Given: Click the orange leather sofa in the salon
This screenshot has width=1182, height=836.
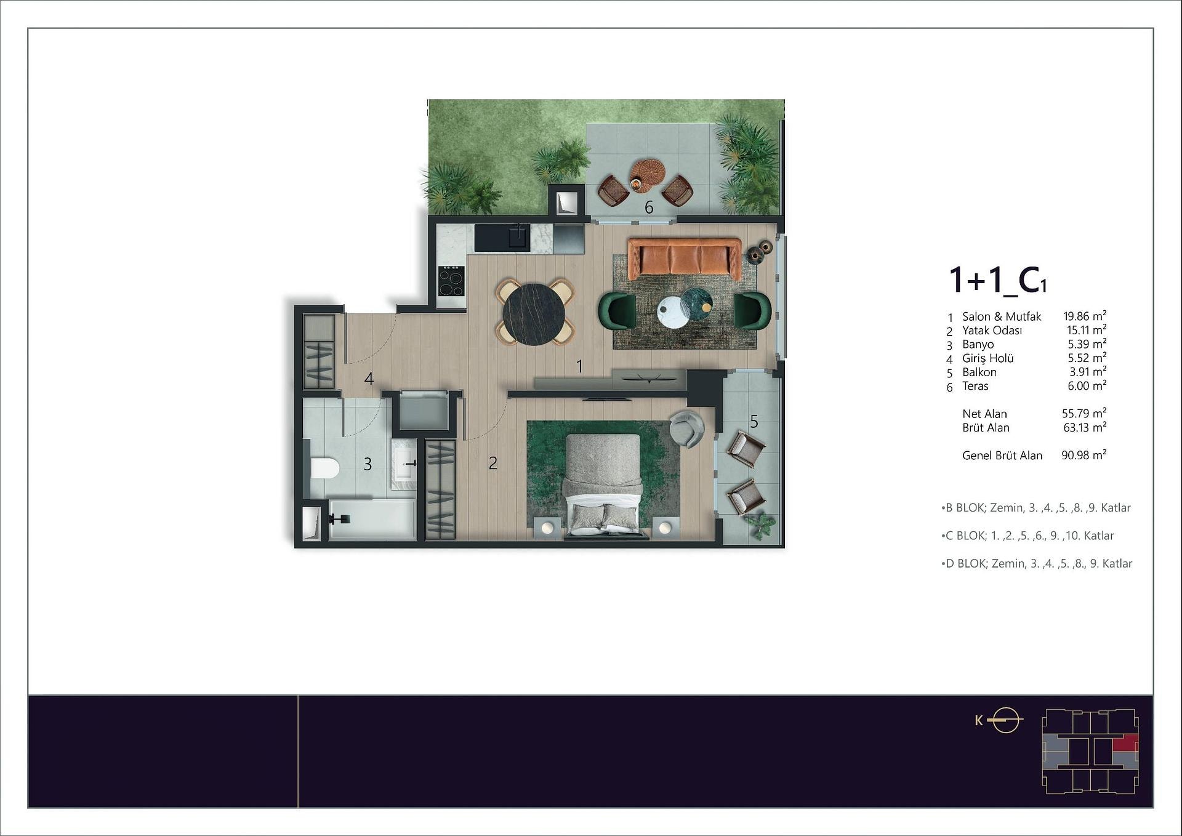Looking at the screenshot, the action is pos(685,259).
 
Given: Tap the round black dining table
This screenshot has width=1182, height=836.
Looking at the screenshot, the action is pos(534,314).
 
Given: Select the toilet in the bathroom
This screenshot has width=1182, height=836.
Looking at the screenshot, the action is pos(324,468).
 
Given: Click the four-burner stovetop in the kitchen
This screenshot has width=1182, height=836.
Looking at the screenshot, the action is pos(451,282).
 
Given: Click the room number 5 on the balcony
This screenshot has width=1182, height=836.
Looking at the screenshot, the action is pos(754,422).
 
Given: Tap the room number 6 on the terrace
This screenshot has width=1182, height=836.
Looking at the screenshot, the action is pos(649,207).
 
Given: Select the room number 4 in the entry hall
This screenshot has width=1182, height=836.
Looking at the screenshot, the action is pos(369,379).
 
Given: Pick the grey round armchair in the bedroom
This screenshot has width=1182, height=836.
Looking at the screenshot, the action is pos(686,428).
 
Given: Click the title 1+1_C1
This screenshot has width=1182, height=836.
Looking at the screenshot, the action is pos(997,279).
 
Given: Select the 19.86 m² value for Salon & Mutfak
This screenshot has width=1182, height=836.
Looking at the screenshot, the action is pos(1085,316).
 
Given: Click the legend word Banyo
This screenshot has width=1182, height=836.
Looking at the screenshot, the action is pos(978,345).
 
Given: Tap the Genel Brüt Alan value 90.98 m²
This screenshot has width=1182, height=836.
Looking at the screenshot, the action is pos(1083,456).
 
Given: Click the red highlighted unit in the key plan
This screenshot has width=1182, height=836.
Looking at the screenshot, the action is pos(1125,743).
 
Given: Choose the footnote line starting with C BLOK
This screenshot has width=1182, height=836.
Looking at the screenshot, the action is pos(1027,536).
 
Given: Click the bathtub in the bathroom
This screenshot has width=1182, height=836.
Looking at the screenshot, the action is pos(372,519).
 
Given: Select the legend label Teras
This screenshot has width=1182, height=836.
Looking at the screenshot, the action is pos(975,386).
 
